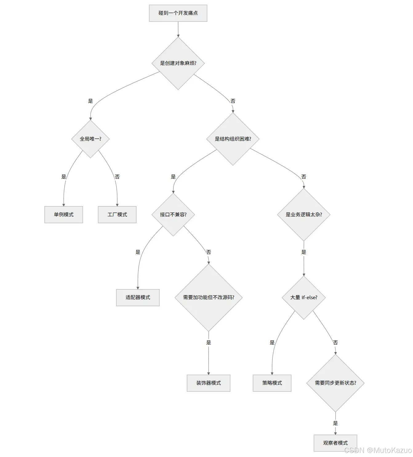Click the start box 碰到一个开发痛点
pyautogui.click(x=178, y=13)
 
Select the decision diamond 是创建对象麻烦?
pyautogui.click(x=178, y=63)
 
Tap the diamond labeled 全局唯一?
pyautogui.click(x=90, y=139)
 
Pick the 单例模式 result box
pyautogui.click(x=64, y=214)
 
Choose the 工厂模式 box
pyautogui.click(x=117, y=214)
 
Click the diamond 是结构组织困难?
pyautogui.click(x=233, y=139)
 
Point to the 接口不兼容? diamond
pyautogui.click(x=173, y=214)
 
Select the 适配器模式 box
pyautogui.click(x=138, y=297)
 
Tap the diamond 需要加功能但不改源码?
pyautogui.click(x=208, y=297)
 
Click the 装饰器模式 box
pyautogui.click(x=208, y=383)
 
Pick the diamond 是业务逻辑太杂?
pyautogui.click(x=304, y=214)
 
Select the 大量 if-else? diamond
pyautogui.click(x=304, y=297)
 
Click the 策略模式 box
pyautogui.click(x=272, y=383)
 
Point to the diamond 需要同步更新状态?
pyautogui.click(x=335, y=383)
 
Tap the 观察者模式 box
pyautogui.click(x=335, y=443)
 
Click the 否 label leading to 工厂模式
pyautogui.click(x=117, y=177)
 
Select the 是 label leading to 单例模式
pyautogui.click(x=64, y=177)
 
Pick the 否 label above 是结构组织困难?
pyautogui.click(x=233, y=101)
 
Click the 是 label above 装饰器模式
pyautogui.click(x=208, y=343)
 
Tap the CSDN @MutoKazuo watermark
pyautogui.click(x=378, y=450)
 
